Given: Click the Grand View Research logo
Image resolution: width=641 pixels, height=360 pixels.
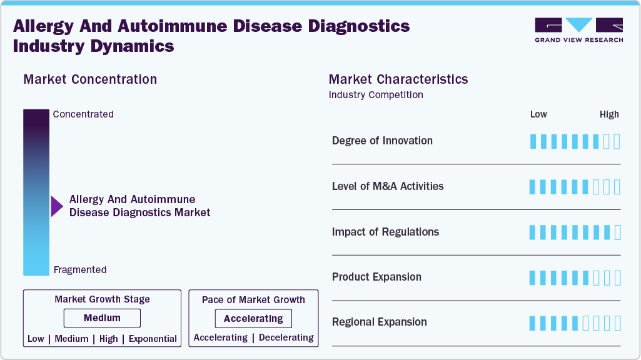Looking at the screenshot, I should pyautogui.click(x=578, y=29).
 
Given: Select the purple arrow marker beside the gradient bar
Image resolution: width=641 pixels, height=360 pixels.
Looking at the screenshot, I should pyautogui.click(x=57, y=206).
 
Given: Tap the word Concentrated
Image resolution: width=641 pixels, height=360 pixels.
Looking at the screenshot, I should pyautogui.click(x=83, y=114).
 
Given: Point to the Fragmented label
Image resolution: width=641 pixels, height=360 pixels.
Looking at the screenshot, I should pyautogui.click(x=80, y=270).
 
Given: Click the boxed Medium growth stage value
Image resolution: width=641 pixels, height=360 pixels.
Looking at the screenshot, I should pyautogui.click(x=102, y=318).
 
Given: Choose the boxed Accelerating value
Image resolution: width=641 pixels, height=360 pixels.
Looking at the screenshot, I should pyautogui.click(x=253, y=319).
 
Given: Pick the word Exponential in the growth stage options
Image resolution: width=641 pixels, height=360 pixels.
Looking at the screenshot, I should pyautogui.click(x=153, y=339).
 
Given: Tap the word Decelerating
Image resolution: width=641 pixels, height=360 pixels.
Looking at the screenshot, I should pyautogui.click(x=286, y=337).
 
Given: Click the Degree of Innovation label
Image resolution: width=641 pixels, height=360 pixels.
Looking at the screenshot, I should pyautogui.click(x=382, y=141).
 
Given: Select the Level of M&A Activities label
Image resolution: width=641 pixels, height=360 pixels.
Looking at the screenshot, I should pyautogui.click(x=388, y=186).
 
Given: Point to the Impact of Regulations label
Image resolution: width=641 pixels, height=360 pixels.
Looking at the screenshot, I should pyautogui.click(x=385, y=232).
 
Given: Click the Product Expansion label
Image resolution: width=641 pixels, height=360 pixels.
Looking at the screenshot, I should pyautogui.click(x=376, y=277).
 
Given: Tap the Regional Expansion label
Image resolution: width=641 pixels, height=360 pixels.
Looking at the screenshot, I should pyautogui.click(x=380, y=322).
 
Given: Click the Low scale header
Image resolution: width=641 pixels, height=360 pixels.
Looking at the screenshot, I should pyautogui.click(x=538, y=114).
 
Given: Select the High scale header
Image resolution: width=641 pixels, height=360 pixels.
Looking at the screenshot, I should pyautogui.click(x=609, y=114).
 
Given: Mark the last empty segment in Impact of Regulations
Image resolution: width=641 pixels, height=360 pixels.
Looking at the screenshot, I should pyautogui.click(x=618, y=232).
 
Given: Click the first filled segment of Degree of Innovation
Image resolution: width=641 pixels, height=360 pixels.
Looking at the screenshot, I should pyautogui.click(x=533, y=141).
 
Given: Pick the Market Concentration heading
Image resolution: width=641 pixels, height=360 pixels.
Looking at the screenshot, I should pyautogui.click(x=90, y=79).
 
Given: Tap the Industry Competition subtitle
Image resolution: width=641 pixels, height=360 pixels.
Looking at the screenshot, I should pyautogui.click(x=376, y=95).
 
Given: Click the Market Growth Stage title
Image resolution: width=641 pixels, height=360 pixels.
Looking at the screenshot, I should pyautogui.click(x=102, y=299).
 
